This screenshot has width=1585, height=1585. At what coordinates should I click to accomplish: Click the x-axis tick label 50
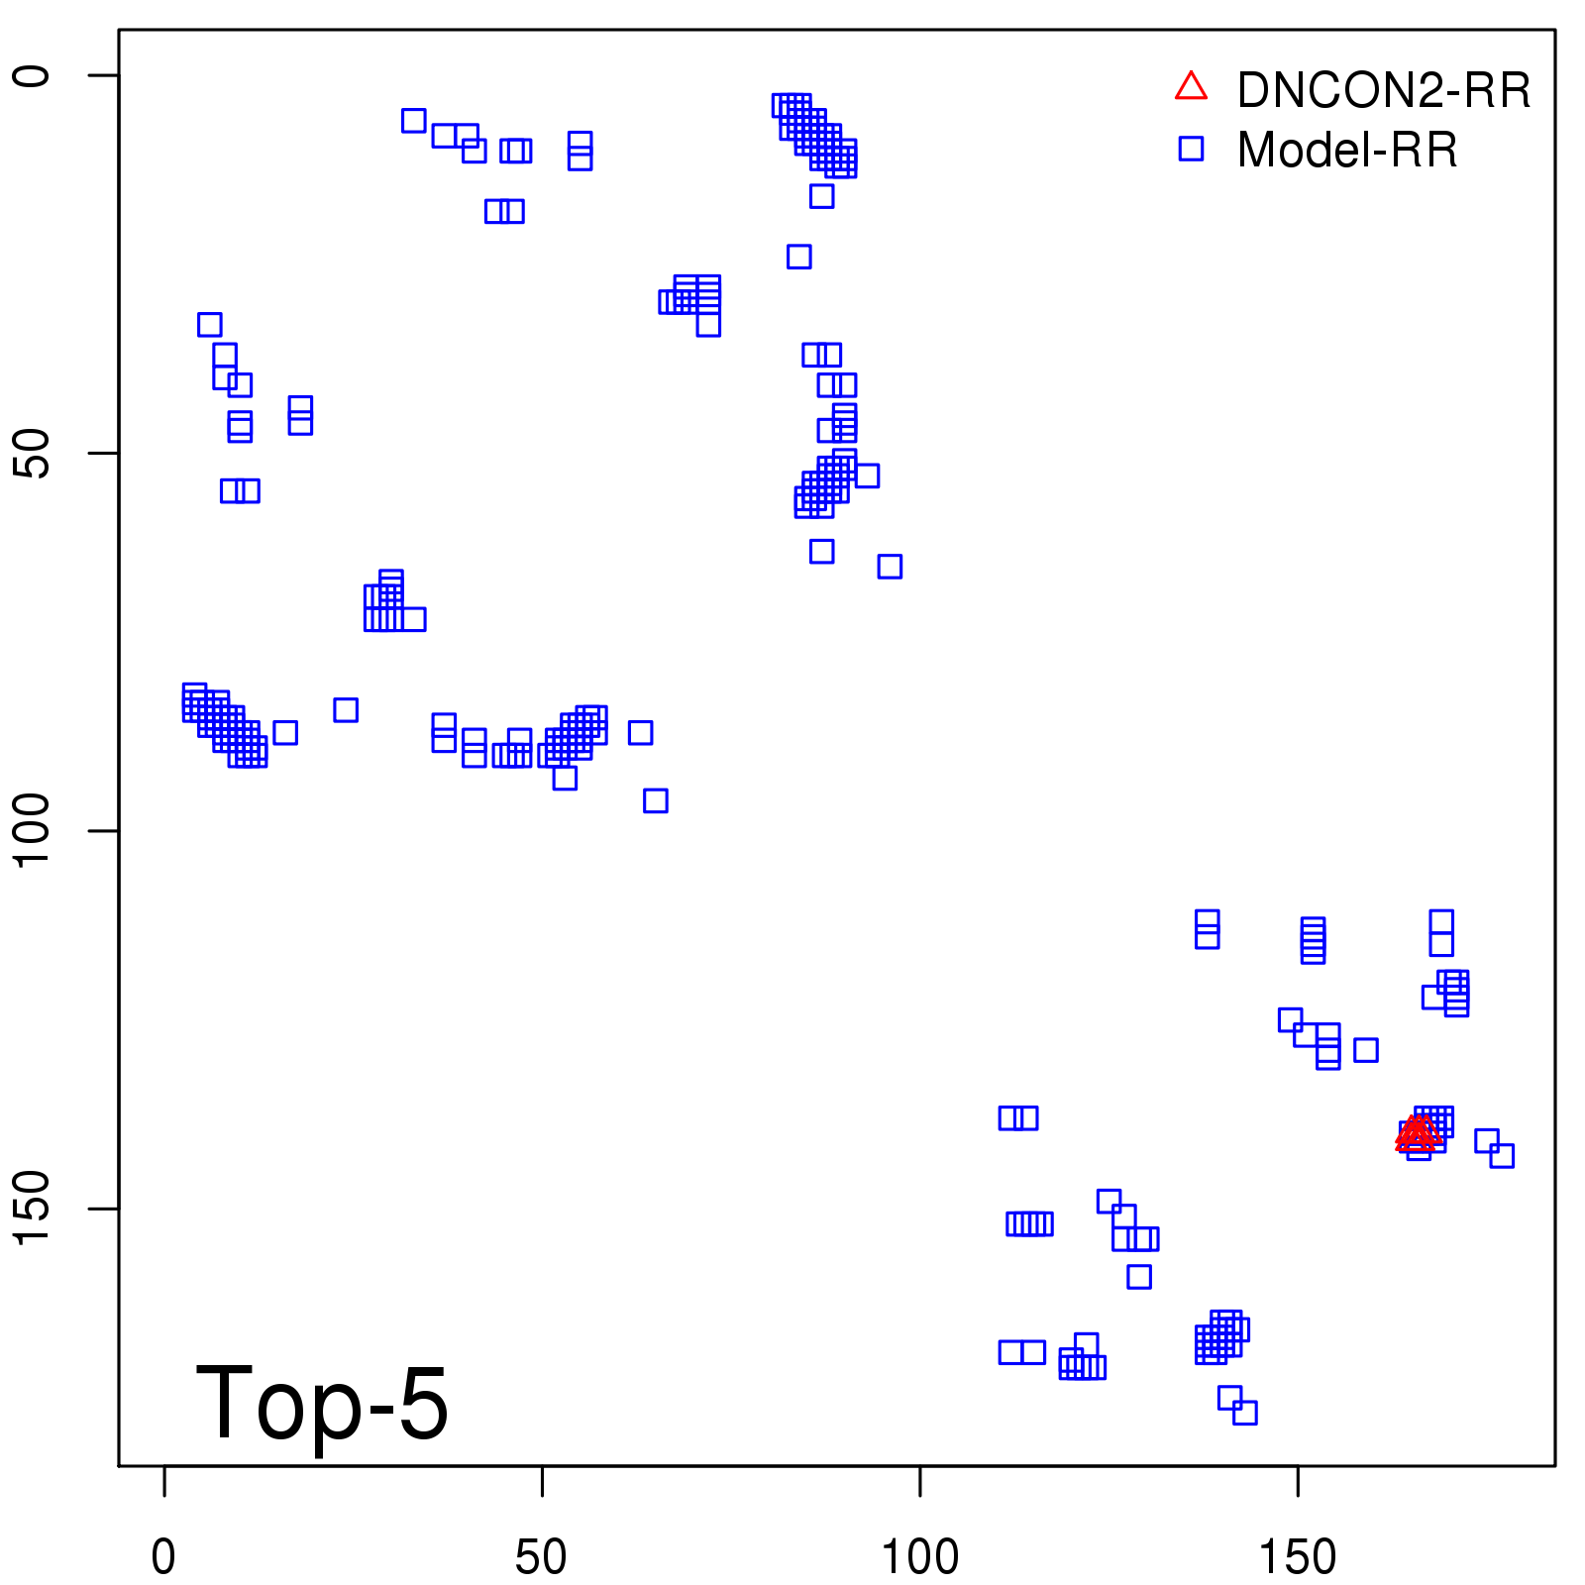click(541, 1557)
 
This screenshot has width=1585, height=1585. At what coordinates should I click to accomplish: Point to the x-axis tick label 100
click(919, 1557)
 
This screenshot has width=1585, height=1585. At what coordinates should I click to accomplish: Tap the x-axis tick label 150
click(1298, 1557)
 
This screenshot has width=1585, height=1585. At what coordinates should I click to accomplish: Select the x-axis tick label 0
click(163, 1557)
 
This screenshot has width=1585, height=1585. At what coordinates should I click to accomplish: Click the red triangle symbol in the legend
click(1191, 87)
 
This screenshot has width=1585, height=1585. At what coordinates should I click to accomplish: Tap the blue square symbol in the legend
click(1191, 149)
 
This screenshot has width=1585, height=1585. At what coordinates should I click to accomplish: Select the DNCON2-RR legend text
click(1384, 91)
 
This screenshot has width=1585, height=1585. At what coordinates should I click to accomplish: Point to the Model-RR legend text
click(1347, 151)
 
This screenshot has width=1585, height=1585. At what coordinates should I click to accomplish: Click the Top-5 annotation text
click(322, 1403)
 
